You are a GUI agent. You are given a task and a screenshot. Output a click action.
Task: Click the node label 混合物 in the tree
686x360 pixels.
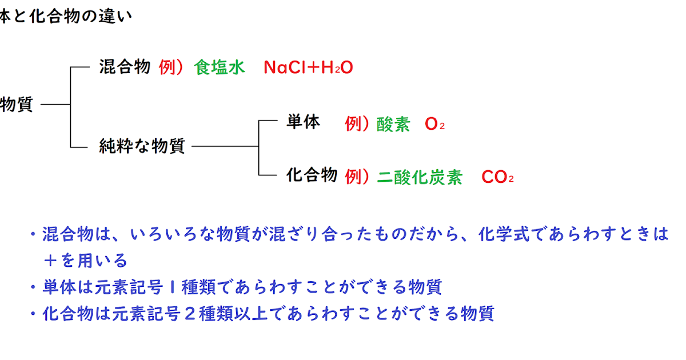[125, 67]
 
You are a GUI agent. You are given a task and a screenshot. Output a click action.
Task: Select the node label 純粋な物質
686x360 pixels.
[142, 146]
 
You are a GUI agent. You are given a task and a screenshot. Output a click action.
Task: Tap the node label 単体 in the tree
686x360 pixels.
[303, 122]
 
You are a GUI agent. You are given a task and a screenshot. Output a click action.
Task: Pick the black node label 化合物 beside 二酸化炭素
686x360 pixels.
[312, 175]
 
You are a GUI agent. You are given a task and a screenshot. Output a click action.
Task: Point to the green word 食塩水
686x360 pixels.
[220, 68]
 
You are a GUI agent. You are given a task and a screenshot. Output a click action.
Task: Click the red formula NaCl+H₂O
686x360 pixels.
[308, 68]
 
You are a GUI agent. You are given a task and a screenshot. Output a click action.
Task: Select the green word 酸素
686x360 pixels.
[393, 125]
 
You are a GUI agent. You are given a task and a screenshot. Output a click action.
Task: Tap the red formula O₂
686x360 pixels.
[434, 125]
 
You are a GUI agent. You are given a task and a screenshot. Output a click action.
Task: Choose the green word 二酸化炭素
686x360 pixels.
[420, 177]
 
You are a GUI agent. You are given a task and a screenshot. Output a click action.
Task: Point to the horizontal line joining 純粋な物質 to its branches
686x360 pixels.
[225, 146]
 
